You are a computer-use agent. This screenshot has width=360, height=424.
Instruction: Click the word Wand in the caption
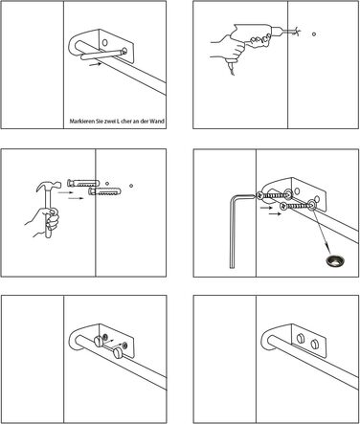coord(158,122)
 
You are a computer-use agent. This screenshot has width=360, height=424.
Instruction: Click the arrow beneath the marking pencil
coord(95,64)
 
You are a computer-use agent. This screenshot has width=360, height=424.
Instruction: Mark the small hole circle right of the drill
coord(314,33)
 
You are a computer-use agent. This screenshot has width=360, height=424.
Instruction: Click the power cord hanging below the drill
coord(231,68)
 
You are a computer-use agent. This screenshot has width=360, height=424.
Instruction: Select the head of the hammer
coord(49,186)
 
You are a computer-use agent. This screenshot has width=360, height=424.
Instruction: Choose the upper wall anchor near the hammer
coord(83,183)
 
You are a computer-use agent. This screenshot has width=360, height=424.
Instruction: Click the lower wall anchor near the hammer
coord(104,191)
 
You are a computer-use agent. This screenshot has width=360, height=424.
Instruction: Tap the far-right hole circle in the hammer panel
coord(131,186)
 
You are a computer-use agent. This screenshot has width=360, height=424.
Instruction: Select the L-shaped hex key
coord(236,230)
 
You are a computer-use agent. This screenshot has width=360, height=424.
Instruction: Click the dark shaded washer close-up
coord(335,260)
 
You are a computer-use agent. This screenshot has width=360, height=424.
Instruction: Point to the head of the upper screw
coord(260,195)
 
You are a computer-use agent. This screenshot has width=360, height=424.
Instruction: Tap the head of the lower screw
coord(283,207)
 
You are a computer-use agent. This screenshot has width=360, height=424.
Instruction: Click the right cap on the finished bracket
coord(313,345)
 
